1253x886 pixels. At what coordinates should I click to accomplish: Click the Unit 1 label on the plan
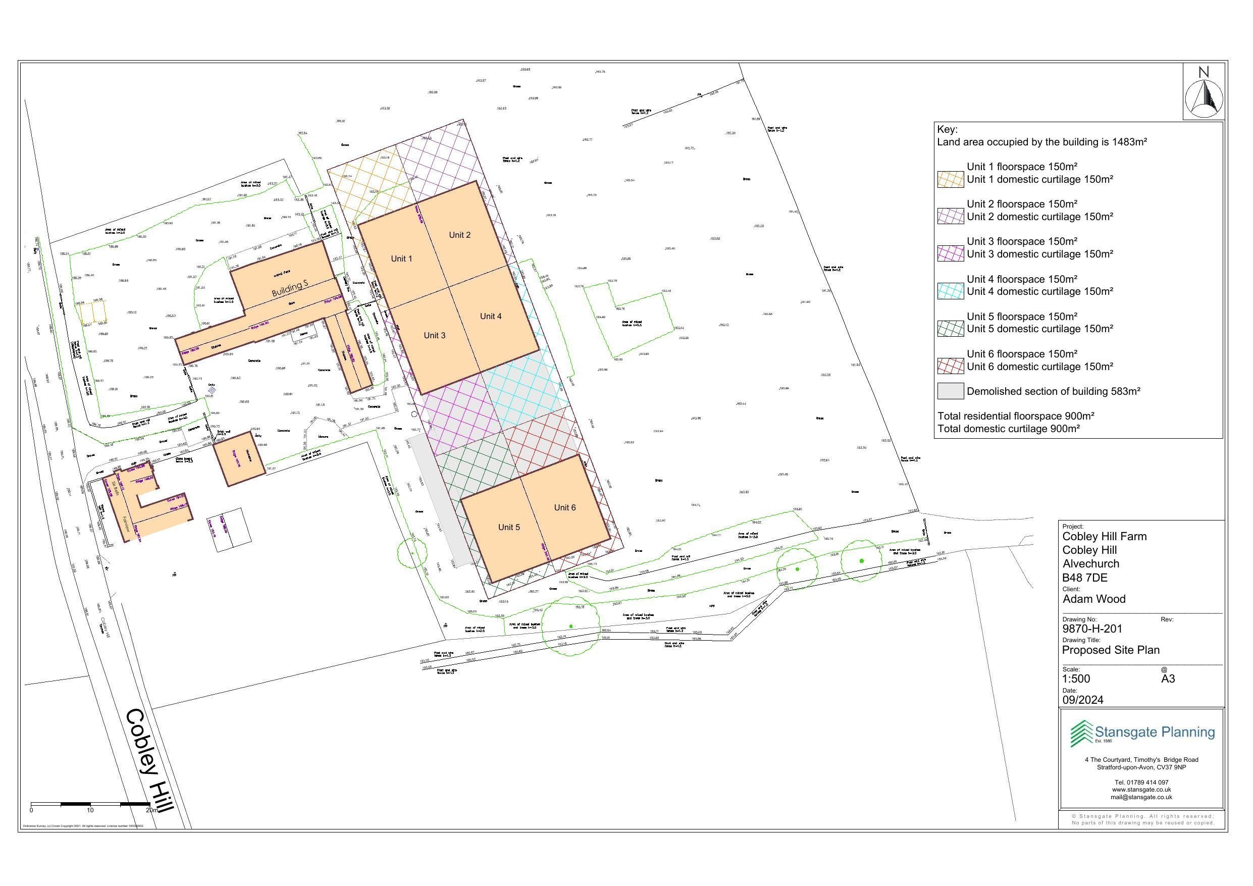pos(402,259)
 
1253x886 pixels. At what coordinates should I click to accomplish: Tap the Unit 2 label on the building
pos(459,235)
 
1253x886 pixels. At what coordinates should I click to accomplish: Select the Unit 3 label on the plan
pos(434,335)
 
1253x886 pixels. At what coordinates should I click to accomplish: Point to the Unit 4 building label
pos(491,316)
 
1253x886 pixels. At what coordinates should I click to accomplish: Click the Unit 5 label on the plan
pos(509,528)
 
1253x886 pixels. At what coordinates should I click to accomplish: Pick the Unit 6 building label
pos(565,508)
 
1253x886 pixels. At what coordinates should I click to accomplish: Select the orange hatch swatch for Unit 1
pos(950,180)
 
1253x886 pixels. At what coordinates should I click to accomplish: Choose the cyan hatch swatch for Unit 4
pos(950,291)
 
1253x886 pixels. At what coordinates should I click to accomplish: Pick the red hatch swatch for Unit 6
pos(950,367)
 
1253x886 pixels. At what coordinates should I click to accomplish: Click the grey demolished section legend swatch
pos(950,391)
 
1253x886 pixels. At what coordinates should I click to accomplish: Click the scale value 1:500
pos(1076,679)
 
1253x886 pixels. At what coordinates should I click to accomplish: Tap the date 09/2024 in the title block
pos(1083,700)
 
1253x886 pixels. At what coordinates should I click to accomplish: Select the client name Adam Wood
pos(1093,599)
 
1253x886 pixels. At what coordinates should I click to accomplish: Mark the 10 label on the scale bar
pos(90,810)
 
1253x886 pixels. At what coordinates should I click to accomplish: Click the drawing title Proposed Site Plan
pos(1111,650)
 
